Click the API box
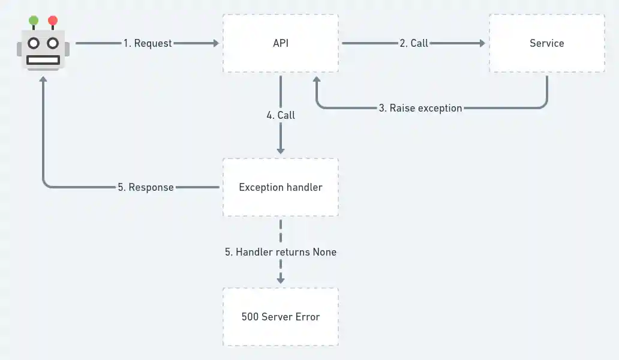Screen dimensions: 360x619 [x=280, y=43]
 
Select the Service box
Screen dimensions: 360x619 [x=546, y=43]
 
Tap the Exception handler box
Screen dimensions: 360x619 [x=280, y=187]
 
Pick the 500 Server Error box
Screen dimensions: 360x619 [x=280, y=317]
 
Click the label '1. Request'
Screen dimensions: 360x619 [x=148, y=43]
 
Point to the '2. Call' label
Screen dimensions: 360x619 [x=414, y=43]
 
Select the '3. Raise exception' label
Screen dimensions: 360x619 [x=420, y=109]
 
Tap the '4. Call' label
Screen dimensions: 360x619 [x=281, y=115]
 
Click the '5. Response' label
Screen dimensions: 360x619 [x=146, y=187]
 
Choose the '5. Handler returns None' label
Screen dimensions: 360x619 [x=281, y=252]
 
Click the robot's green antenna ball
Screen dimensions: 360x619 [x=34, y=21]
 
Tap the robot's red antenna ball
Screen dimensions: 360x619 [x=53, y=21]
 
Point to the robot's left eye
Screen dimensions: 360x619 [x=34, y=43]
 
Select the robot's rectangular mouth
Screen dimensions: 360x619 [x=43, y=59]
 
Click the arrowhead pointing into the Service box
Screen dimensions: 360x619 [x=481, y=43]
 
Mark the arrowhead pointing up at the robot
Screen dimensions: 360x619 [x=43, y=79]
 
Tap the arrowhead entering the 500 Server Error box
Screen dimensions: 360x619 [x=280, y=280]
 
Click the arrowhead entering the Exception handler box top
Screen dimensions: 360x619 [x=280, y=150]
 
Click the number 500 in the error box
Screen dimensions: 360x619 [x=250, y=317]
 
